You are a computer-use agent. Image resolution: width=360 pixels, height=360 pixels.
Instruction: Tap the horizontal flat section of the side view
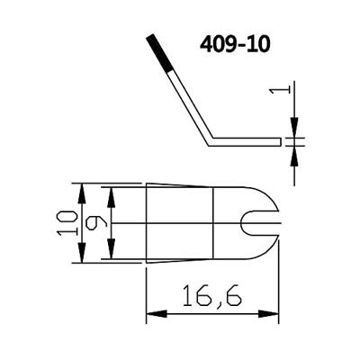pyautogui.click(x=247, y=140)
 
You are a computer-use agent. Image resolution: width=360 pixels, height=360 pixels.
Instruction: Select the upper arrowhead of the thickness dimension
pyautogui.click(x=293, y=130)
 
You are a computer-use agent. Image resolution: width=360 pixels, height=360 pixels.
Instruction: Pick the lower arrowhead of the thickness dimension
pyautogui.click(x=293, y=150)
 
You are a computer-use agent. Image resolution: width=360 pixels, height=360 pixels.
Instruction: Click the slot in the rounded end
pyautogui.click(x=262, y=221)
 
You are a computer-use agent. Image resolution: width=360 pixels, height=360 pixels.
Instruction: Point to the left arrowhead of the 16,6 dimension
pyautogui.click(x=152, y=314)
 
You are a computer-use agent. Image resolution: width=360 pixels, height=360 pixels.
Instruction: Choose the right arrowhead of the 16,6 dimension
pyautogui.click(x=272, y=314)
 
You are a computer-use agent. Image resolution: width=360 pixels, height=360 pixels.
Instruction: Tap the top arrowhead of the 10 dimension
pyautogui.click(x=82, y=189)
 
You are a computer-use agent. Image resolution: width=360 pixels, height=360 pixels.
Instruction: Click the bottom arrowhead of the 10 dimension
pyautogui.click(x=82, y=256)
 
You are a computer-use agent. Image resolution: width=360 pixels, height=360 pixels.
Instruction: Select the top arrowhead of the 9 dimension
pyautogui.click(x=112, y=192)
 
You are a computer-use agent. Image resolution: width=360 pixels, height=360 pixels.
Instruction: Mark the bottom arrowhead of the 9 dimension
pyautogui.click(x=112, y=253)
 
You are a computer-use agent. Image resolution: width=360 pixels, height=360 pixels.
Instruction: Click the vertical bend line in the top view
pyautogui.click(x=212, y=221)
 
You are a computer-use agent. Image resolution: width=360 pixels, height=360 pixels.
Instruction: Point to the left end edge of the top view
pyautogui.click(x=146, y=221)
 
